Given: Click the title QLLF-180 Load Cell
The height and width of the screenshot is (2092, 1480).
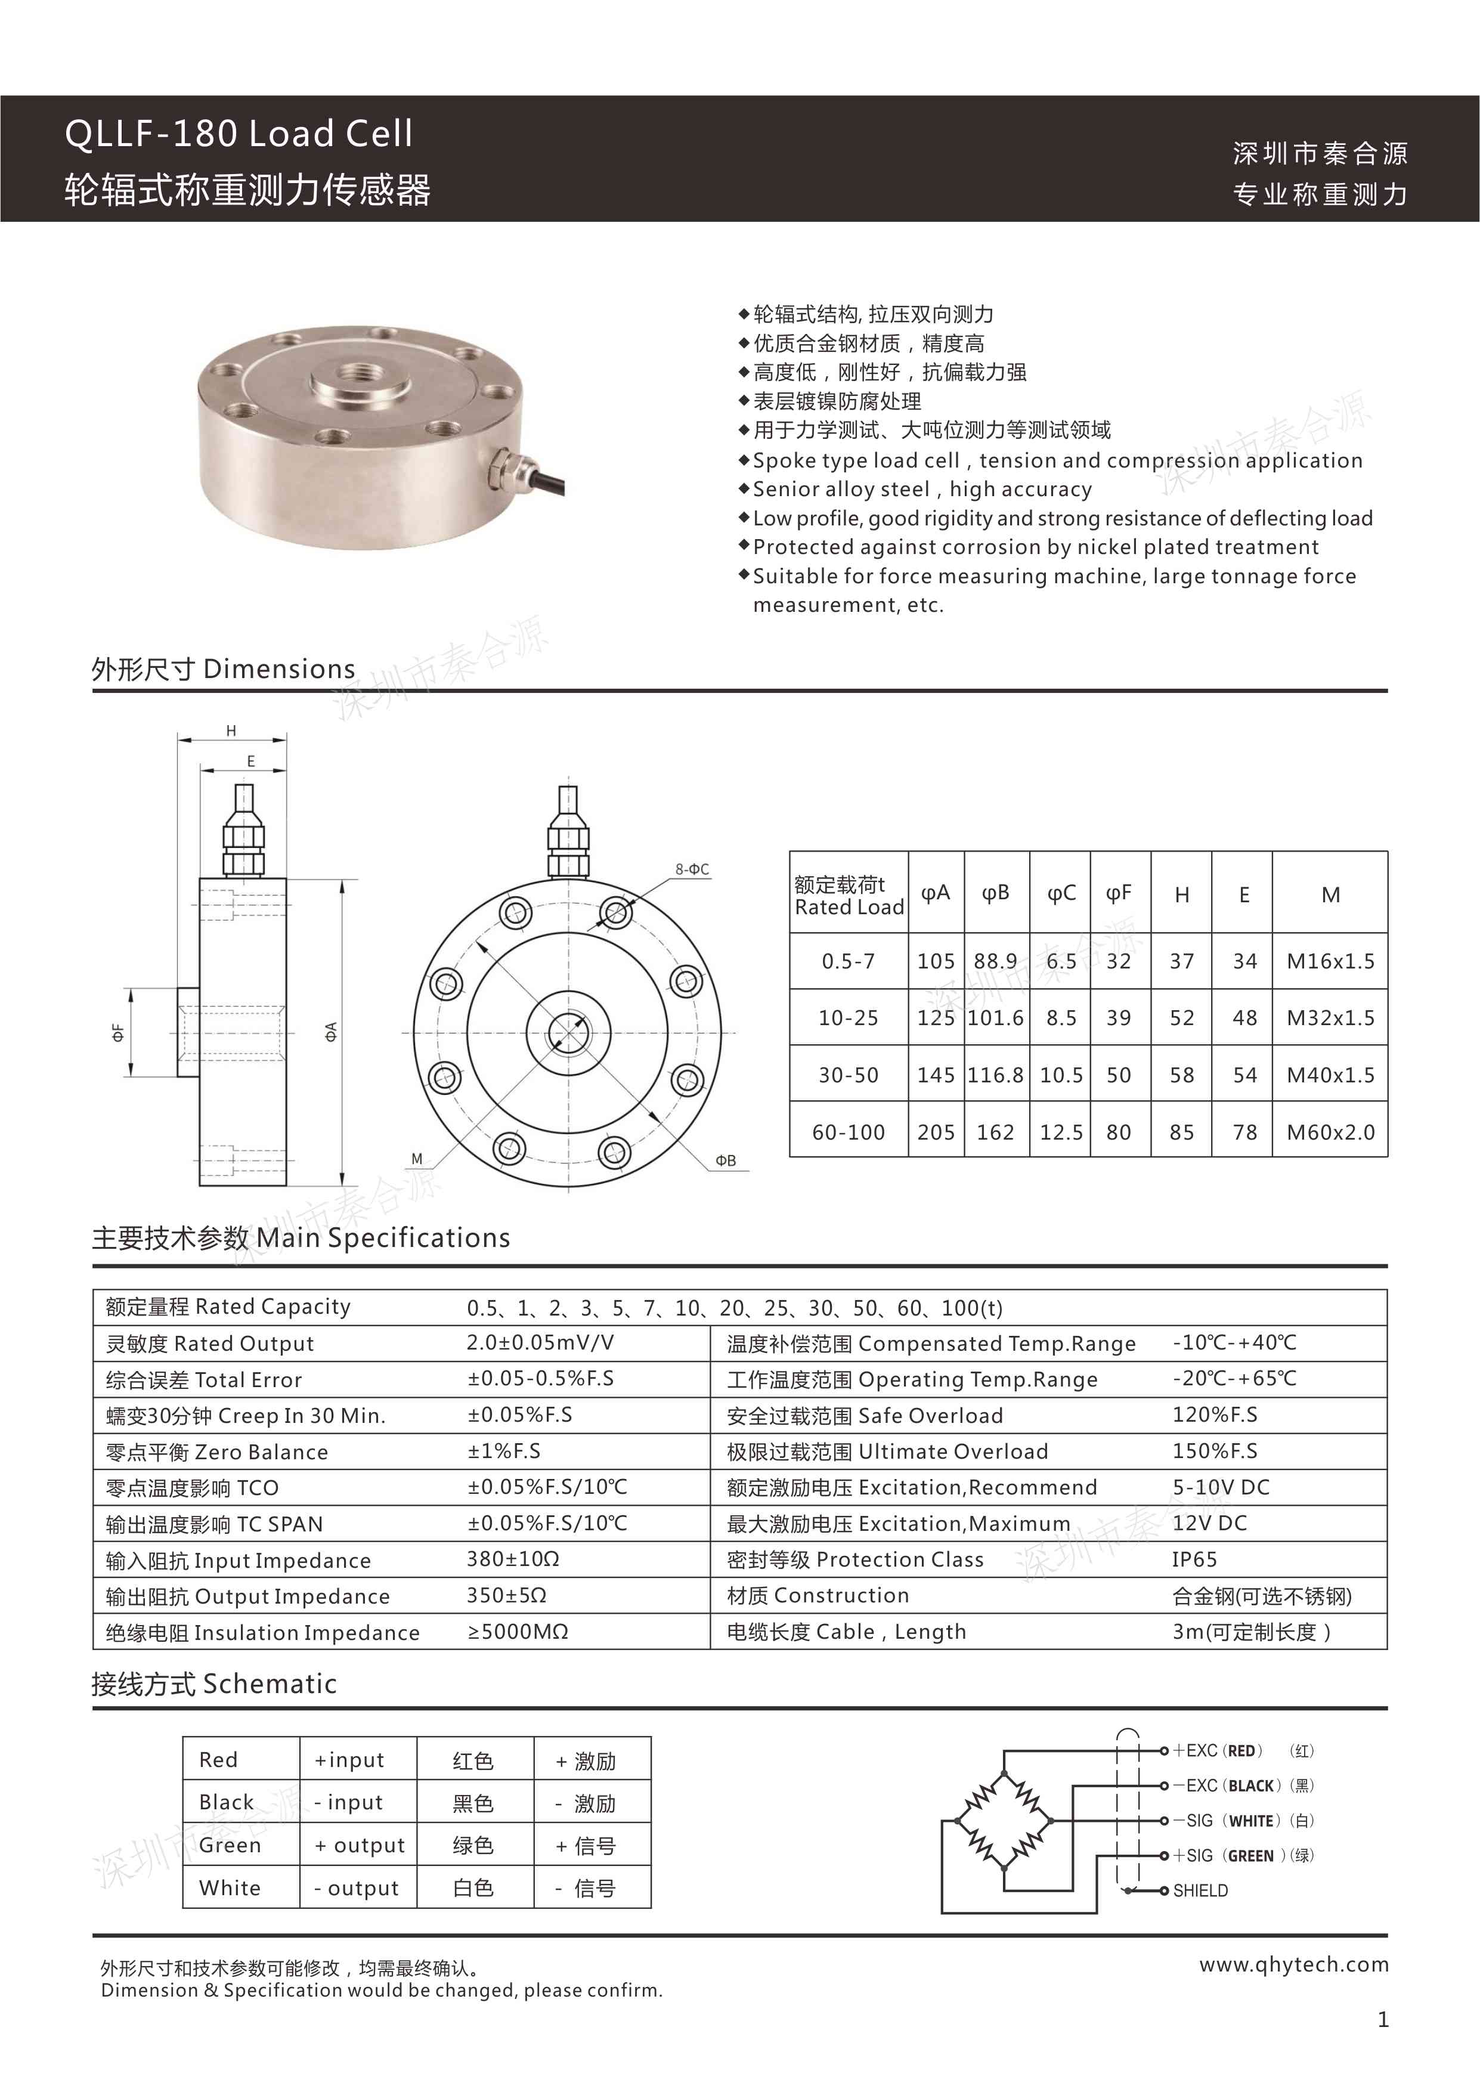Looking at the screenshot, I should (239, 134).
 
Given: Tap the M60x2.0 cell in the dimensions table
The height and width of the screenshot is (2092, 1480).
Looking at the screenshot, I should (1330, 1132).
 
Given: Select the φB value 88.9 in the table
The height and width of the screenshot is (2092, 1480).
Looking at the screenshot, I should (995, 961).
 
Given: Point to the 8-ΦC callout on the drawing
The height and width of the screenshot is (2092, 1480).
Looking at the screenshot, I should (692, 869).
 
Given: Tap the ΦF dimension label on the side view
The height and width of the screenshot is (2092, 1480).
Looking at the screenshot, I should (117, 1032).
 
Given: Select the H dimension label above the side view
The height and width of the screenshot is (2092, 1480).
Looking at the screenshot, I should (231, 731).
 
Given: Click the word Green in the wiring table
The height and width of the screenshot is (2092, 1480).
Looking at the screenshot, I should (230, 1845).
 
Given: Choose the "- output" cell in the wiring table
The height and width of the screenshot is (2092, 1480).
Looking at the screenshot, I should (357, 1888).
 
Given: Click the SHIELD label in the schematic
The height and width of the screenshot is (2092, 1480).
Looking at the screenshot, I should (1200, 1890).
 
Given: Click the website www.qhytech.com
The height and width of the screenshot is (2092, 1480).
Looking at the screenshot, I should (1293, 1964).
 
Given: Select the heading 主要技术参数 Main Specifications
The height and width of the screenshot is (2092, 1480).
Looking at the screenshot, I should (301, 1237).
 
